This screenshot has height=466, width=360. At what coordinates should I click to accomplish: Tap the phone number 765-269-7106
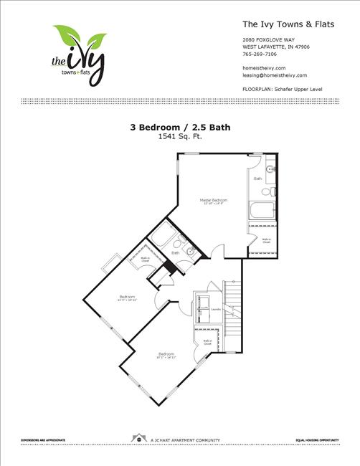coord(260,53)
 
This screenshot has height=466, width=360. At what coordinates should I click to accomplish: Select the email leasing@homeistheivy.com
coord(275,75)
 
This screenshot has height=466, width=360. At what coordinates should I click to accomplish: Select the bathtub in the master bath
coord(260,211)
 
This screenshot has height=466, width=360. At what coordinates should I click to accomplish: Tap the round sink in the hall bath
coord(191,252)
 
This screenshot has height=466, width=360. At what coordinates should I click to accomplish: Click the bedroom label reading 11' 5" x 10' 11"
coord(127,298)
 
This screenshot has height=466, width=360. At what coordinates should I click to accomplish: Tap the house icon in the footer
coord(136,437)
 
